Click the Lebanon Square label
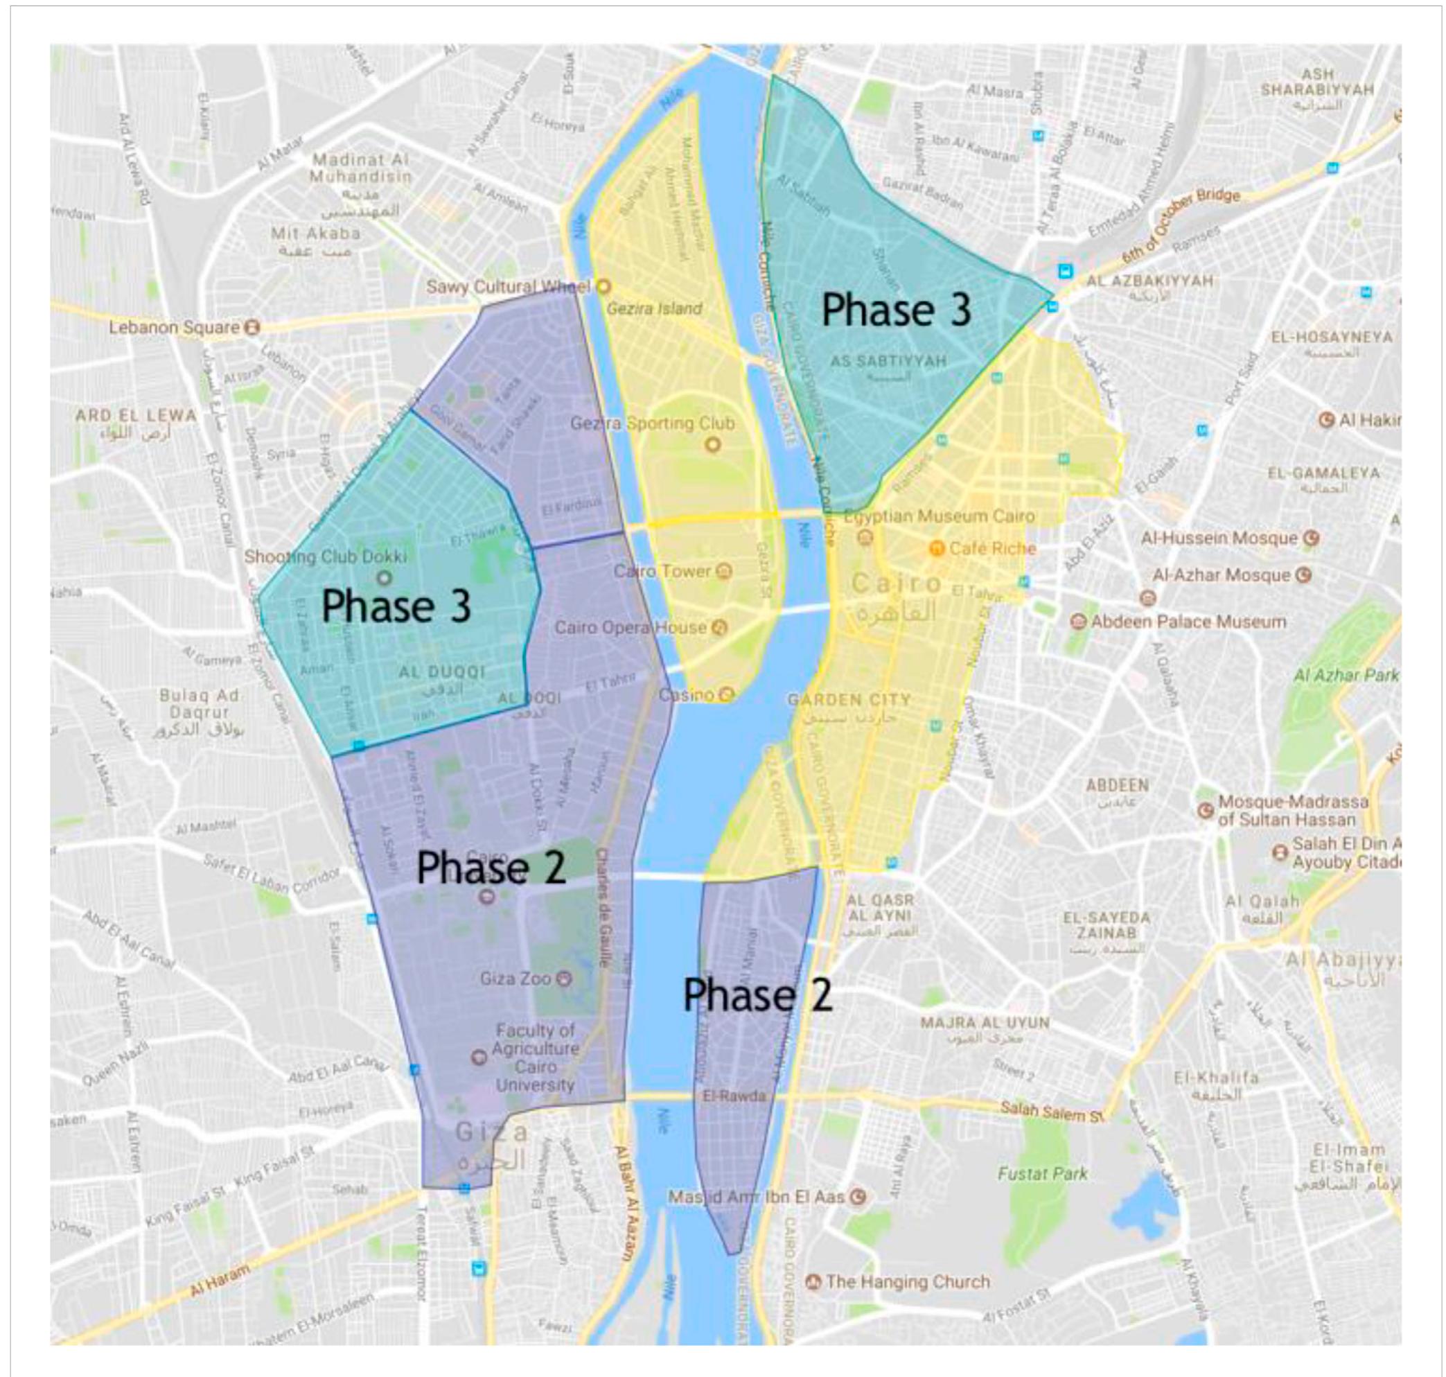click(174, 326)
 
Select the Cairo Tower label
click(662, 570)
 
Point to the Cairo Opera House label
click(630, 628)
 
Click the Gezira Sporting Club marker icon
click(712, 444)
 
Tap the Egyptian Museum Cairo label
click(939, 517)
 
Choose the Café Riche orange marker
click(936, 548)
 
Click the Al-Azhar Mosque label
click(1221, 575)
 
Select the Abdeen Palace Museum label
click(1188, 622)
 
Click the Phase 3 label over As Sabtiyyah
click(897, 310)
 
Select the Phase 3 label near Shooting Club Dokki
click(396, 606)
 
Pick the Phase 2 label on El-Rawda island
click(757, 995)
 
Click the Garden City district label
click(849, 699)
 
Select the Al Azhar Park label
click(1346, 674)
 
